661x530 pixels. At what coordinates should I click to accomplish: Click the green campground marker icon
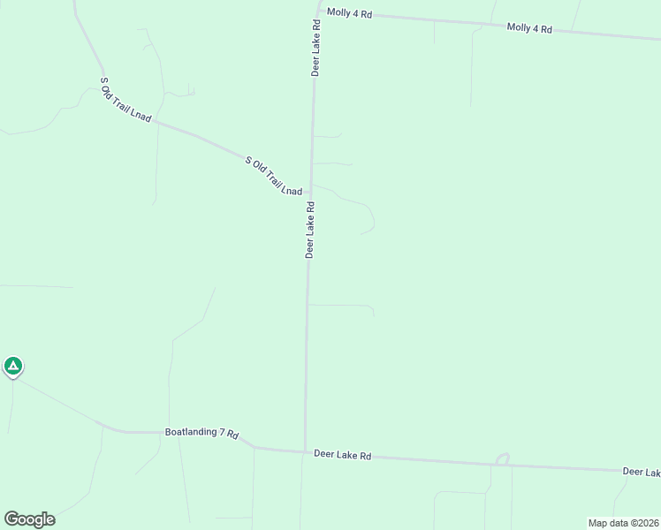point(12,366)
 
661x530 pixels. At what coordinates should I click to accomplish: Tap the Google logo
point(29,519)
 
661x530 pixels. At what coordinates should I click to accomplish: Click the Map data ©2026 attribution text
point(623,523)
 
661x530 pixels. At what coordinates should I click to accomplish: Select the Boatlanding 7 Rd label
point(202,433)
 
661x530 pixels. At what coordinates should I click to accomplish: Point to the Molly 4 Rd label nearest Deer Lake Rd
point(349,12)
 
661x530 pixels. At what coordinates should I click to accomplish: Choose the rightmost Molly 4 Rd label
point(529,28)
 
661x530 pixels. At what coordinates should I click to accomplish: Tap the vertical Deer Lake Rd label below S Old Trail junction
point(310,229)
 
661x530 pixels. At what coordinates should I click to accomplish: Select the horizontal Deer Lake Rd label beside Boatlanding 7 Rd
point(342,455)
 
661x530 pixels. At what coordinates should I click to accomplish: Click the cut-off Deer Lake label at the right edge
point(641,473)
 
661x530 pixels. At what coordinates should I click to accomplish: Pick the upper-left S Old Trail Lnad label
point(126,100)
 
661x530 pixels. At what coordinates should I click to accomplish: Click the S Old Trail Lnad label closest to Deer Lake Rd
point(274,176)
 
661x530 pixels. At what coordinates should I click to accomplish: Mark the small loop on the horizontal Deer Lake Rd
point(503,458)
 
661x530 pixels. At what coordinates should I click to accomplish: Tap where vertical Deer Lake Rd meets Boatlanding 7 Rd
point(305,451)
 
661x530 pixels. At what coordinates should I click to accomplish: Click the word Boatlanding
point(191,432)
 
